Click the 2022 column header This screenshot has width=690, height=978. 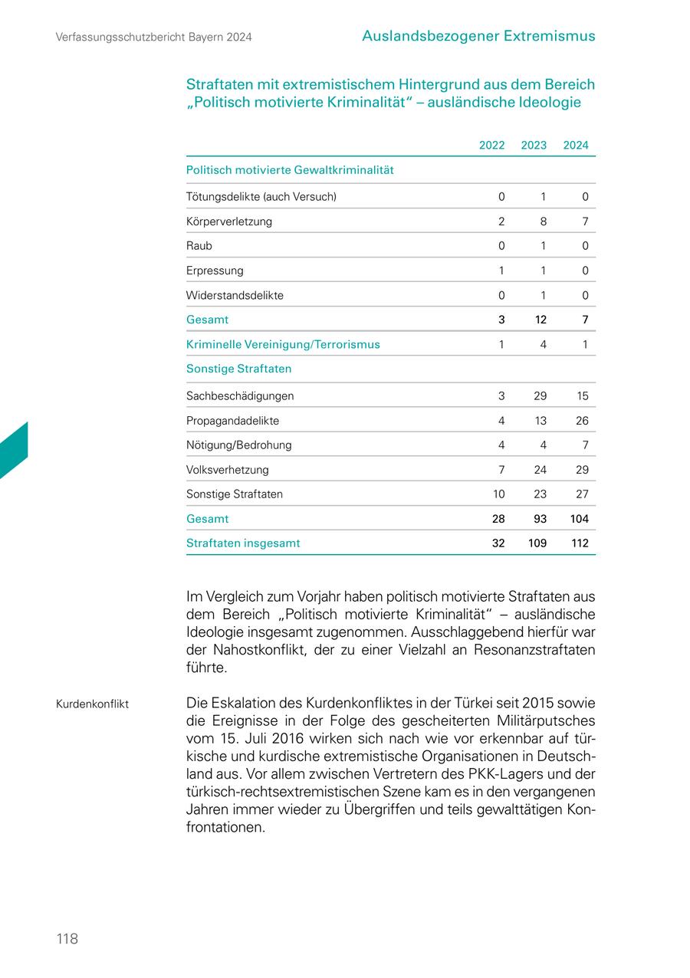point(491,146)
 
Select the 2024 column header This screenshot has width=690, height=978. point(576,146)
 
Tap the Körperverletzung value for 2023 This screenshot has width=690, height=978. point(543,222)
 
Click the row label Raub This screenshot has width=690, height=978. point(199,246)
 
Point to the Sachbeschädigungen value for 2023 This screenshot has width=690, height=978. point(540,396)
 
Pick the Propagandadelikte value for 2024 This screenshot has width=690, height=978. point(582,421)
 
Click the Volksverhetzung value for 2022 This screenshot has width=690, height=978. point(501,470)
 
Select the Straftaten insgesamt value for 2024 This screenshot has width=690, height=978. point(580,543)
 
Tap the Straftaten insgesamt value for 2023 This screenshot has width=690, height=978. point(537,543)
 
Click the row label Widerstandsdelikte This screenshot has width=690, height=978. point(235,295)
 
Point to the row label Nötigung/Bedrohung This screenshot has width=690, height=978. point(238,445)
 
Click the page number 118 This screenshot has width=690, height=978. point(67,939)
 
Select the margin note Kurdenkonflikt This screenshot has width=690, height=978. point(92,704)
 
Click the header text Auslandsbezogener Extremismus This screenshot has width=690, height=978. point(478,36)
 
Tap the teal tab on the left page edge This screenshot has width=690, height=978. point(13,452)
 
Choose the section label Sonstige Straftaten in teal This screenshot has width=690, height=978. point(238,369)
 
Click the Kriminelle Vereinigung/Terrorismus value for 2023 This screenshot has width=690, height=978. point(543,345)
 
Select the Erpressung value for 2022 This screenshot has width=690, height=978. point(501,271)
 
